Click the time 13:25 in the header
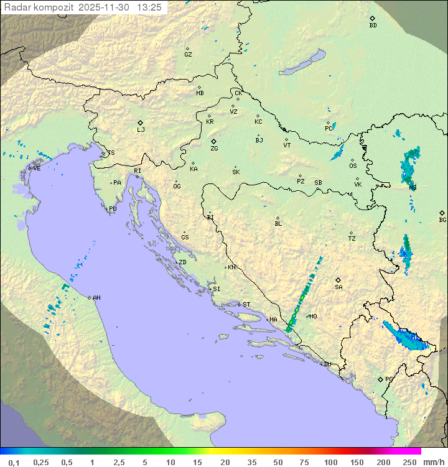[x=149, y=7]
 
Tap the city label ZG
[x=214, y=149]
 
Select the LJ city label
[x=141, y=129]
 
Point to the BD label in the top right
[x=373, y=25]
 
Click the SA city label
[x=338, y=287]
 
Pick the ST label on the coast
[x=246, y=305]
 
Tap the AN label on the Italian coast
[x=96, y=298]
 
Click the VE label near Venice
[x=37, y=168]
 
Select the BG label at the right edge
[x=442, y=220]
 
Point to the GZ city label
[x=188, y=54]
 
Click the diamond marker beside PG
[x=380, y=379]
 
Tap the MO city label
[x=313, y=317]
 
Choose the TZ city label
[x=352, y=238]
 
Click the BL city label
[x=278, y=223]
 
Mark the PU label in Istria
[x=113, y=209]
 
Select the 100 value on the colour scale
[x=330, y=462]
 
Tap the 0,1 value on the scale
[x=14, y=462]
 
